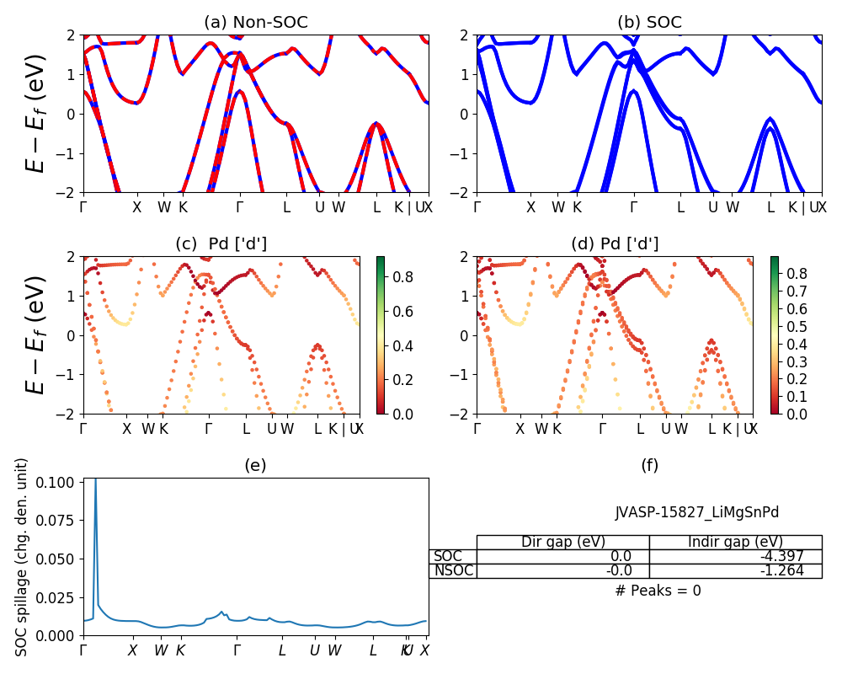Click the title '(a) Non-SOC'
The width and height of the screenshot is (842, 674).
tap(256, 22)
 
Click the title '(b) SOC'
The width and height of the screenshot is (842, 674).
tap(649, 22)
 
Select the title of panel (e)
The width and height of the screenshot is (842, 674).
tap(256, 465)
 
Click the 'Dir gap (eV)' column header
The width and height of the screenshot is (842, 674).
tap(563, 542)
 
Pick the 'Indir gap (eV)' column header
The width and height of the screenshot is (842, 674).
tap(735, 542)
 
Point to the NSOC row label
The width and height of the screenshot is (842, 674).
tap(454, 570)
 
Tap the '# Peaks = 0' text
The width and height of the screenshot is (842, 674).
tap(658, 591)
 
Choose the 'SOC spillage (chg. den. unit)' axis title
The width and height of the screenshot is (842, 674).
tap(23, 557)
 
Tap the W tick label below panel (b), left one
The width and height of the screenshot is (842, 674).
tap(558, 207)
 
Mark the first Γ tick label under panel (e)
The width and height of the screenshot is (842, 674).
tap(83, 650)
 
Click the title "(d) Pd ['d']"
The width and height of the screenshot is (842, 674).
tap(616, 243)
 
